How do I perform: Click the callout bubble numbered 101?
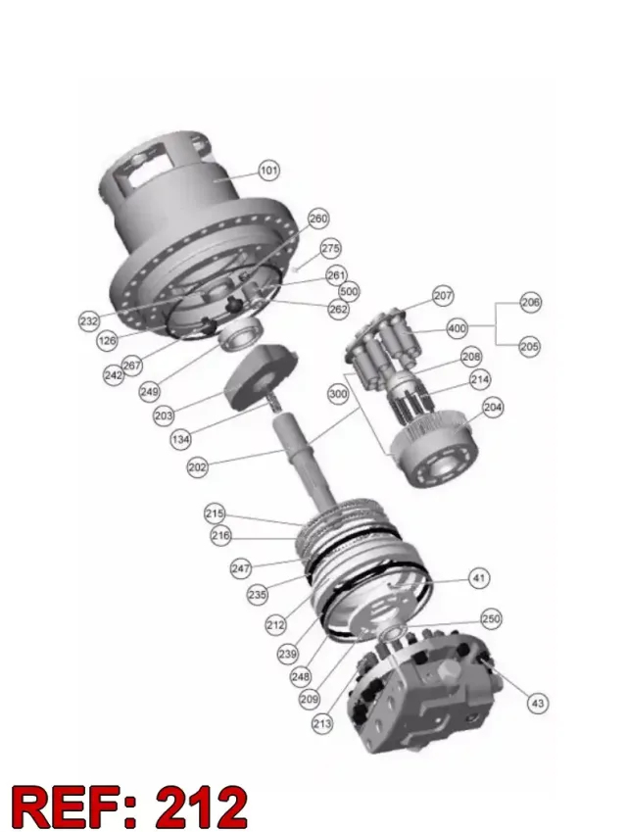tap(269, 171)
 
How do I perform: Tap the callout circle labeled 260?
tap(318, 219)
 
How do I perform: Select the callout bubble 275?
tap(331, 248)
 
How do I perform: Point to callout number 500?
tap(349, 291)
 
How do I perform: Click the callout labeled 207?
tap(443, 296)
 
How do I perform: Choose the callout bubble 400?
tap(458, 328)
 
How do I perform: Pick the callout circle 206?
tap(530, 303)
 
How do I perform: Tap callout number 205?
tap(529, 347)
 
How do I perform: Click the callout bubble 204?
tap(493, 407)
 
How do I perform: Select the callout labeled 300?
tap(338, 394)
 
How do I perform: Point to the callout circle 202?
tap(197, 467)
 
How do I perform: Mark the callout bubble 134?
tap(181, 439)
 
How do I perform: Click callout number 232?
tap(89, 320)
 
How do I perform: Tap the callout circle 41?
tap(479, 577)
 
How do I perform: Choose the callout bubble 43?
tap(537, 703)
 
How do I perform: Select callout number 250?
tap(491, 618)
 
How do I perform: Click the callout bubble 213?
tap(322, 723)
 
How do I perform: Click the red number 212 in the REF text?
tap(202, 807)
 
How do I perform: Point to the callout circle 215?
tap(215, 514)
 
